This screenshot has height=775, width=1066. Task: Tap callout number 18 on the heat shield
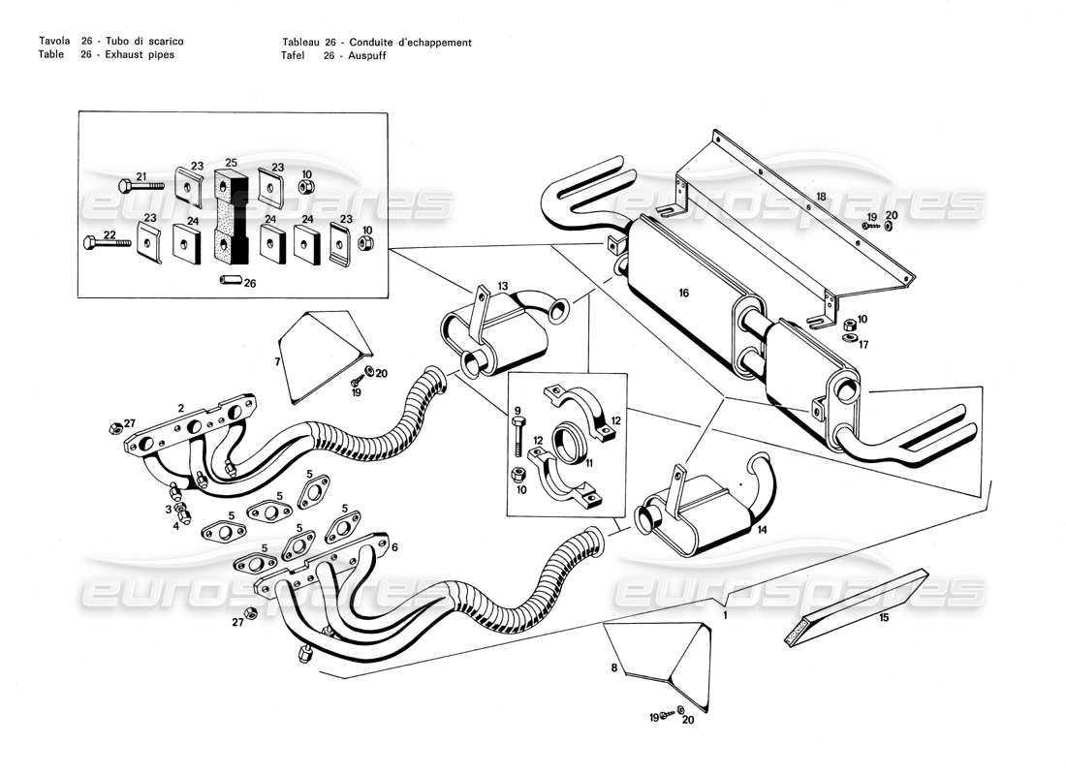pyautogui.click(x=821, y=197)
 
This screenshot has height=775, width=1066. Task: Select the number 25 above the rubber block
pyautogui.click(x=231, y=162)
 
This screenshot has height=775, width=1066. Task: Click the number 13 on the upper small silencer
pyautogui.click(x=502, y=286)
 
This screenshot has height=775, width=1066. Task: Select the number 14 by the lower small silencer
pyautogui.click(x=761, y=530)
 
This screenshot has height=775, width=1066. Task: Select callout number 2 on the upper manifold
pyautogui.click(x=180, y=408)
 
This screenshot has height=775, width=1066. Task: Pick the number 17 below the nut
pyautogui.click(x=864, y=343)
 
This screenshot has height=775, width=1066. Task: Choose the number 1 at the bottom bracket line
pyautogui.click(x=726, y=614)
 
